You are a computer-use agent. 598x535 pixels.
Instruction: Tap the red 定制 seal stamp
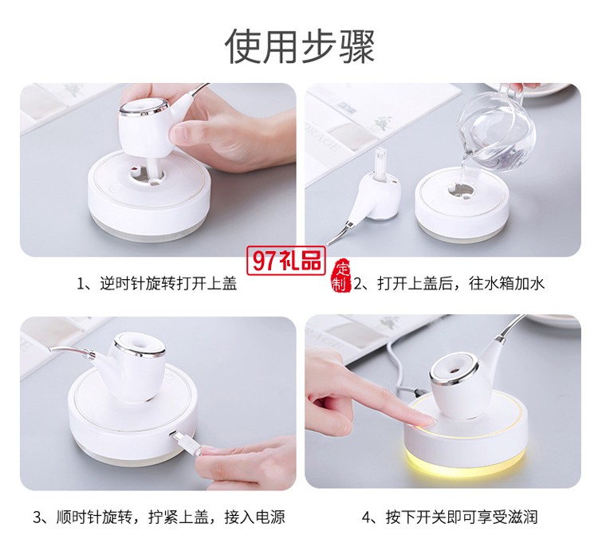(x=341, y=275)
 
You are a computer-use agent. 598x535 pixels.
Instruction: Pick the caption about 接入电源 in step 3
(x=158, y=516)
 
